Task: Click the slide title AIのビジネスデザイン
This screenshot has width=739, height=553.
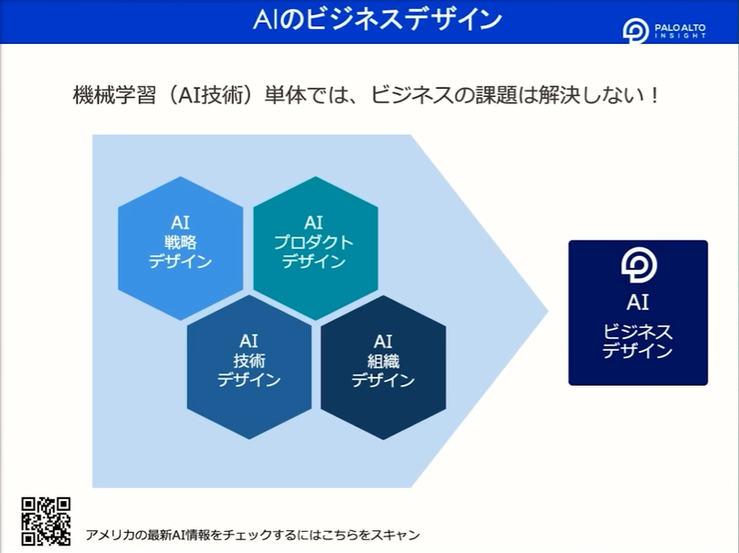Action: (x=377, y=20)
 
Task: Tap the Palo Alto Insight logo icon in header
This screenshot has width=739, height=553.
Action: (x=635, y=31)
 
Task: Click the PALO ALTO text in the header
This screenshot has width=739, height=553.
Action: (x=681, y=27)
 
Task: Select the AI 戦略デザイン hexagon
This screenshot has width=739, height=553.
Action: (x=181, y=248)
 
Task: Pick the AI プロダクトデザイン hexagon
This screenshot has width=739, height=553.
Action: (x=315, y=248)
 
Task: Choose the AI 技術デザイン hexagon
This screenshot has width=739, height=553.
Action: (x=248, y=367)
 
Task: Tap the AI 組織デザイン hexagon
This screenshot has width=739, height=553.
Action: (x=383, y=367)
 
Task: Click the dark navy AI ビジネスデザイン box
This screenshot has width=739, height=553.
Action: (x=638, y=313)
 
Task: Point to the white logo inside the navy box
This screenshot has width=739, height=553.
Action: (x=639, y=266)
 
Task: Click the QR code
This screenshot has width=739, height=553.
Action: (x=47, y=521)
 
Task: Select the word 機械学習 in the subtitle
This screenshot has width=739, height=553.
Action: (x=114, y=95)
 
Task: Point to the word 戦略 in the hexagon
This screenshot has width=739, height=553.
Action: (x=181, y=242)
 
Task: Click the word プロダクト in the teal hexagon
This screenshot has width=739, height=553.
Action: (x=314, y=242)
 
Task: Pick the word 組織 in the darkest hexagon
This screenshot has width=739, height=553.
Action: (x=383, y=361)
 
